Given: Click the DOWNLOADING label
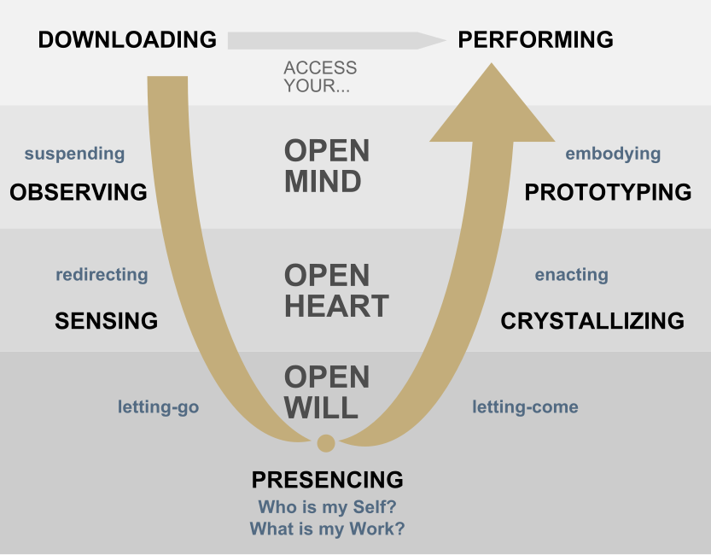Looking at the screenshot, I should point(127,39).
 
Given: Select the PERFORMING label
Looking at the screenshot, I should point(536,39).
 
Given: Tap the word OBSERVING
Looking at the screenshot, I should point(79,192).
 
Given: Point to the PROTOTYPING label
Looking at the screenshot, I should point(608,192).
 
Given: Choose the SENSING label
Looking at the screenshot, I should point(106,320).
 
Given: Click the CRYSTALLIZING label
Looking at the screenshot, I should point(592,320).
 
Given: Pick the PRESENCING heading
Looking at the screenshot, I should point(327,479).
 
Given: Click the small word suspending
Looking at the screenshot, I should point(74,154).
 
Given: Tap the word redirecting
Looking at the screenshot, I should point(102,275).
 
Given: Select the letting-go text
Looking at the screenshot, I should point(158,407).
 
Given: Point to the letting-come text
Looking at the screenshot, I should point(525,407).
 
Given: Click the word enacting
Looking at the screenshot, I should point(571,275).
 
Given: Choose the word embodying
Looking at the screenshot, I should point(613,154).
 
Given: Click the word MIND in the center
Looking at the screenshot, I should point(323,181).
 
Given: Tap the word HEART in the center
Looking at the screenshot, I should point(336,306).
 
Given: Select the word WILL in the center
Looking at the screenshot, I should point(321,407).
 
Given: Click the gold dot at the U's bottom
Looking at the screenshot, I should point(325,442).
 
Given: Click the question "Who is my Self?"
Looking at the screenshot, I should point(327,505).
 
